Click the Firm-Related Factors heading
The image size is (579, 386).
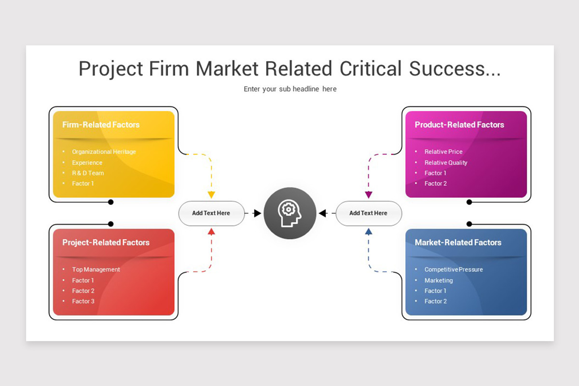[101, 124]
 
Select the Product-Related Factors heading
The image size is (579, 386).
[459, 124]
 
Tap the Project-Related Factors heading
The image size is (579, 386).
[106, 243]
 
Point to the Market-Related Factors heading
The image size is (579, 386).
[458, 243]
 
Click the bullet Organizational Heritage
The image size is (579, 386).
[104, 152]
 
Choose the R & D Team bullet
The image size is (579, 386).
[88, 173]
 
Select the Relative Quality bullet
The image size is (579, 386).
[446, 163]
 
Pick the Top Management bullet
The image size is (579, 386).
[96, 269]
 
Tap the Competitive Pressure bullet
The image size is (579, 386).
[454, 269]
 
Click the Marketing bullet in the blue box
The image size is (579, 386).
[439, 280]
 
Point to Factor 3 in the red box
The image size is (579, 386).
[83, 301]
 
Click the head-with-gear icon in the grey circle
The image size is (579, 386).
[289, 213]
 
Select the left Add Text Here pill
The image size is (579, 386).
[211, 213]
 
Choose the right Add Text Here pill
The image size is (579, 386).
[369, 213]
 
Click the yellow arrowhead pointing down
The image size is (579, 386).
[211, 194]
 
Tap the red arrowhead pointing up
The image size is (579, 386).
[211, 232]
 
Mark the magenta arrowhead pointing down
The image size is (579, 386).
[369, 194]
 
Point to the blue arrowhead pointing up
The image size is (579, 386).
[369, 232]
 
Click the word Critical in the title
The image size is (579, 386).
[371, 69]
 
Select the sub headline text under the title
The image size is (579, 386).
[290, 89]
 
